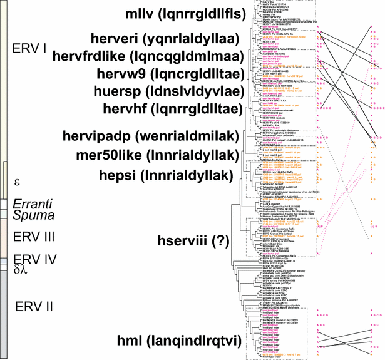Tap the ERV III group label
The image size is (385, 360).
click(33, 237)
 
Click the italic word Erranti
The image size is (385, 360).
click(32, 203)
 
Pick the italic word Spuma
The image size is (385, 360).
click(30, 215)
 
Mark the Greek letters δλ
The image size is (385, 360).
click(21, 271)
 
